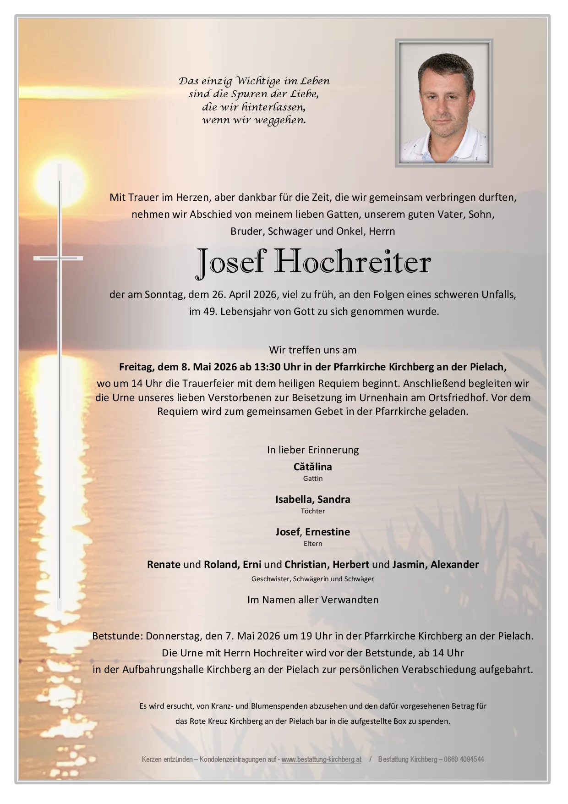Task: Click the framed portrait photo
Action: (x=444, y=103)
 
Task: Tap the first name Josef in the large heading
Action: (x=231, y=263)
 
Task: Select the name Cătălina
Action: (x=312, y=467)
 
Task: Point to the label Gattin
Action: (x=312, y=479)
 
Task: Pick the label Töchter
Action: (x=312, y=511)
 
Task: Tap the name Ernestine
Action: (x=327, y=532)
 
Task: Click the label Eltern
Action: (x=312, y=544)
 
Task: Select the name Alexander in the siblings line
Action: (x=454, y=564)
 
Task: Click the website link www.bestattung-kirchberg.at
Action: (x=321, y=759)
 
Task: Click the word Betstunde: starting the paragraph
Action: (x=118, y=636)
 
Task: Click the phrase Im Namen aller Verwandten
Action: (x=312, y=600)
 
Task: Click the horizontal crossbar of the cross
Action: (x=58, y=259)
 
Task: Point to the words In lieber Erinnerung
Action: (x=312, y=450)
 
